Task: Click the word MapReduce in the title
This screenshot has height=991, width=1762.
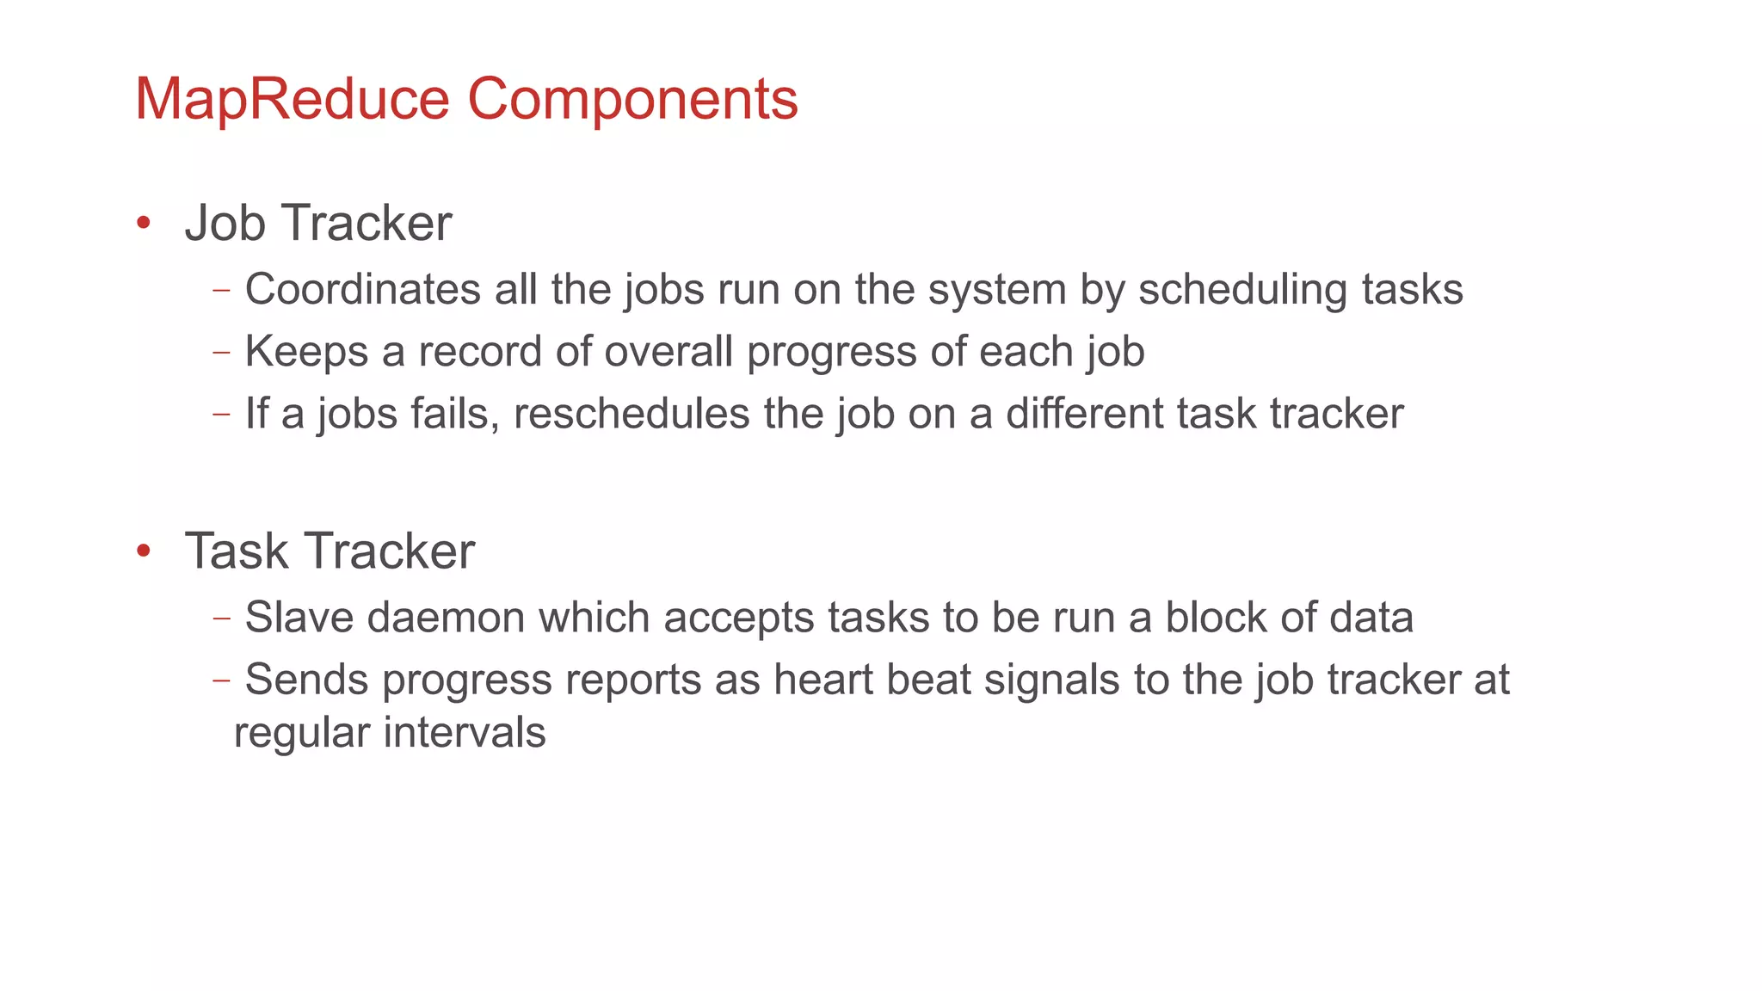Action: tap(292, 100)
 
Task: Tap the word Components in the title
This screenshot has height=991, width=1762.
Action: tap(632, 100)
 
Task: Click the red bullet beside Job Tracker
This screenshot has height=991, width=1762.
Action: tap(144, 224)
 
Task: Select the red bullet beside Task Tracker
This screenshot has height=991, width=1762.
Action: tap(144, 551)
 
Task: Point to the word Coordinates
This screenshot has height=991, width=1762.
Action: tap(362, 289)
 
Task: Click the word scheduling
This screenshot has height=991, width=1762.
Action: tap(1242, 291)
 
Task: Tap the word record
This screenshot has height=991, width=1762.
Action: tap(480, 352)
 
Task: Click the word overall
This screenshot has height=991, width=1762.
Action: tap(668, 352)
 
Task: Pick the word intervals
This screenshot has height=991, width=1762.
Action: tap(465, 733)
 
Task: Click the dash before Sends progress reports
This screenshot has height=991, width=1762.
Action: tap(221, 680)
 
